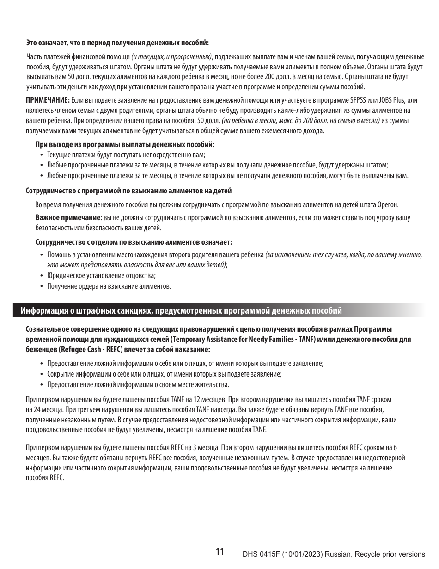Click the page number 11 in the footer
tap(219, 551)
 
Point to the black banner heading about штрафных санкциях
tap(181, 310)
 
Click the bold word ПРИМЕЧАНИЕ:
tap(48, 100)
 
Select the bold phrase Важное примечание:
tap(69, 217)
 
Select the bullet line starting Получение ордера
tap(109, 286)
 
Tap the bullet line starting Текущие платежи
tap(126, 155)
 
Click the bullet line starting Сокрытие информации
tap(165, 374)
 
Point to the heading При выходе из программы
tap(125, 144)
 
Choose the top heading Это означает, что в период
tap(118, 43)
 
